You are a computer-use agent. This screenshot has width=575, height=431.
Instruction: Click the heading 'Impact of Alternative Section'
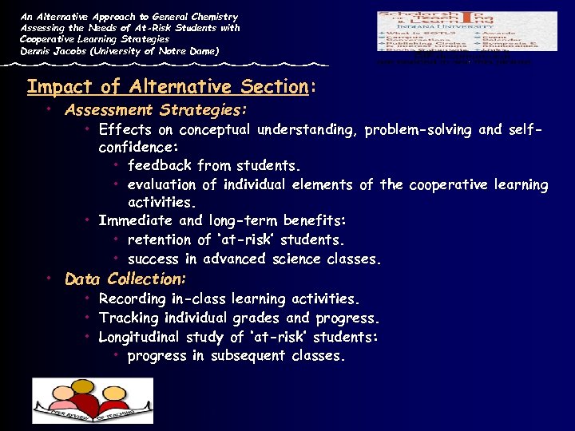pos(168,86)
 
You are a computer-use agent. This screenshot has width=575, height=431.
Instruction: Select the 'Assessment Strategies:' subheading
pos(156,109)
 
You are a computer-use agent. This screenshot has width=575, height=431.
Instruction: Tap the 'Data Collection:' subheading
pos(125,279)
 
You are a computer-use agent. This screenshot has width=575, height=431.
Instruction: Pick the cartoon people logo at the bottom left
pos(92,400)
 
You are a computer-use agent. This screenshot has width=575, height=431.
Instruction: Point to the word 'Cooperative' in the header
pos(50,39)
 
